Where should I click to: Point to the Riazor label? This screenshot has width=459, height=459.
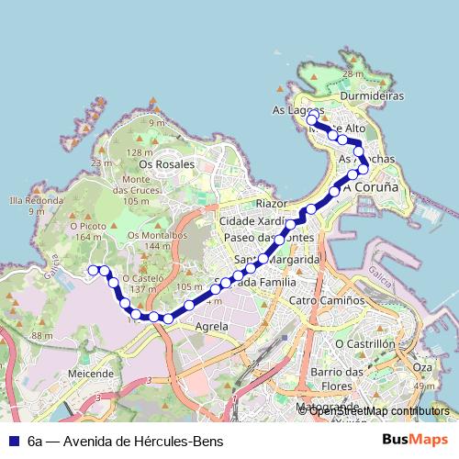point(273,203)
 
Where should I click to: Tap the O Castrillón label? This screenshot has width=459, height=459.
point(364,343)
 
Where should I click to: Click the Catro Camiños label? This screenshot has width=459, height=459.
point(327,300)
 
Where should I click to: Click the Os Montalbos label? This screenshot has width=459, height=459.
point(157,235)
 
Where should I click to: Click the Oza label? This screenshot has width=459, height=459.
point(421,367)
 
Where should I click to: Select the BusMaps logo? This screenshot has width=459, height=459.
point(416,441)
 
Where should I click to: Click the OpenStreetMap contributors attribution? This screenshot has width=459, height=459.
point(378,410)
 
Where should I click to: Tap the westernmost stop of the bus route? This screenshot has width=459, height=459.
point(93,269)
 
